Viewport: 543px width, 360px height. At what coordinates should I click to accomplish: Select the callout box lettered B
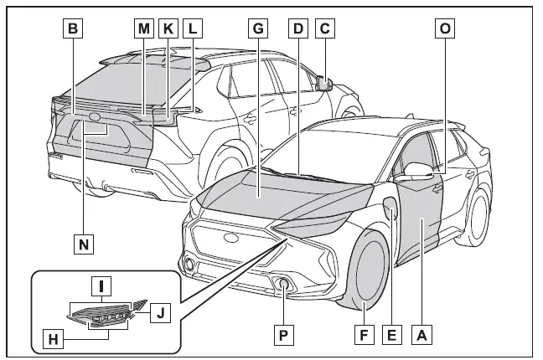tap(74, 28)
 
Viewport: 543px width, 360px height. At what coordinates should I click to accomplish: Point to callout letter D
tap(296, 28)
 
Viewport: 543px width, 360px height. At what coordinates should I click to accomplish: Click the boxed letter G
tap(258, 28)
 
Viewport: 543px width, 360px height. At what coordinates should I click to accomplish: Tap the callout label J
tap(161, 314)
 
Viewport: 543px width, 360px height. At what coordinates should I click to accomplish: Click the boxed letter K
tap(168, 28)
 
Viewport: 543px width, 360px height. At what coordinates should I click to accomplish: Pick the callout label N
tap(83, 244)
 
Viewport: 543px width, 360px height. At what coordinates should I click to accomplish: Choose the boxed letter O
tap(445, 28)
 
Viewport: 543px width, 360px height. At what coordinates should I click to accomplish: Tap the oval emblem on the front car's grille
tap(230, 238)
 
